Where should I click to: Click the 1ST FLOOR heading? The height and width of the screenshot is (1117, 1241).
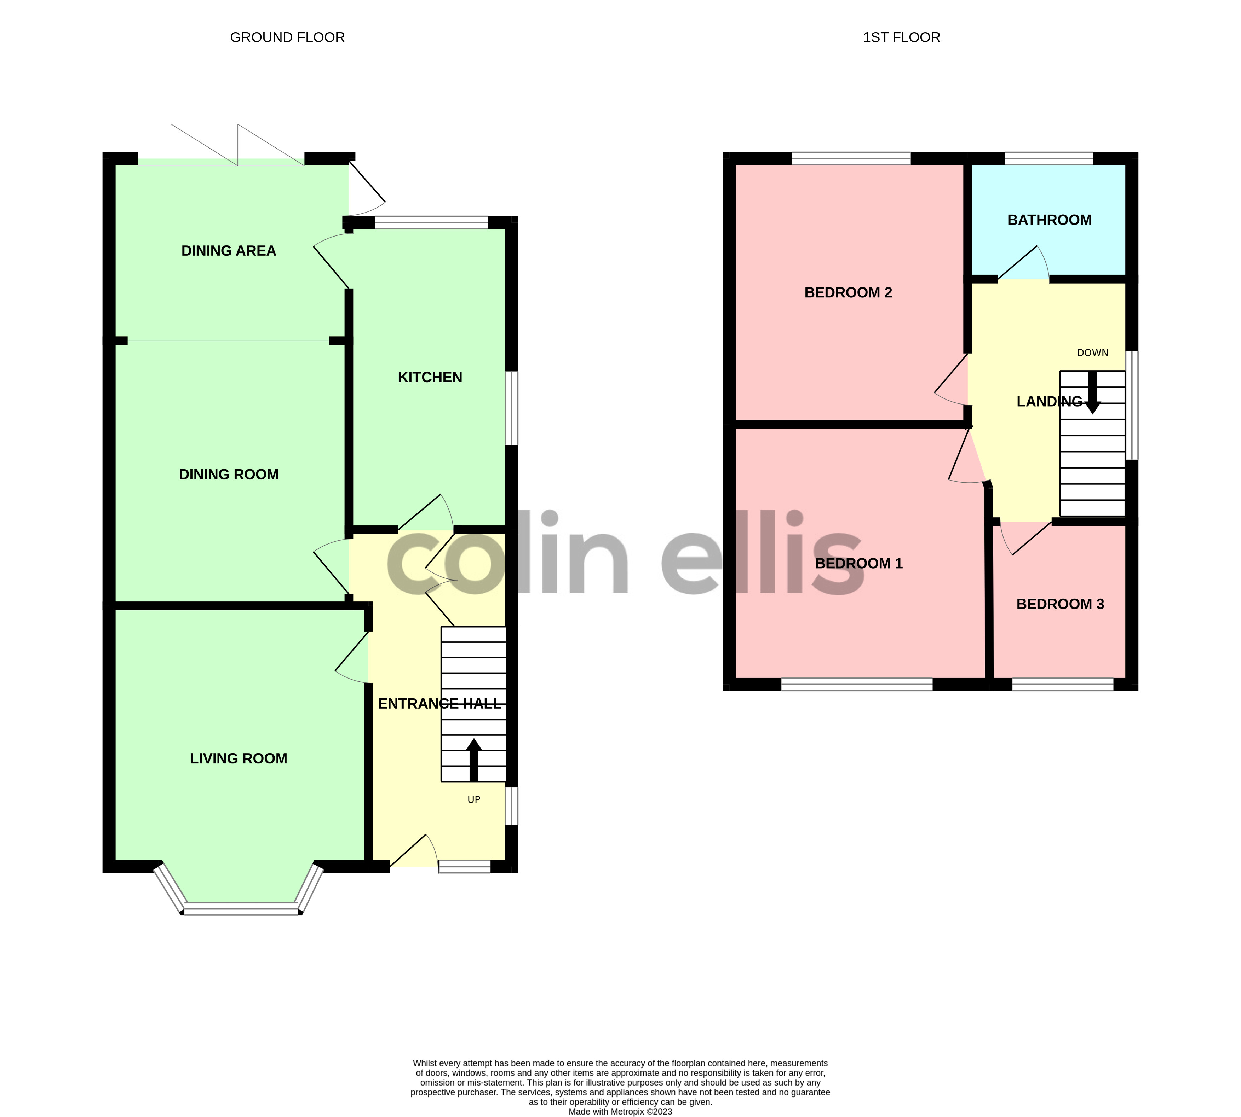(901, 37)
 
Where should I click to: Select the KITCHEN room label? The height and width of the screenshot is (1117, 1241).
(430, 377)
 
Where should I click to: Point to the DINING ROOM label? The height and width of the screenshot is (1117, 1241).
(229, 475)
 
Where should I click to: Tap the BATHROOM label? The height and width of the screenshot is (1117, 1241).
(1050, 220)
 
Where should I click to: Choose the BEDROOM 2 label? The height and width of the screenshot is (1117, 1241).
(848, 293)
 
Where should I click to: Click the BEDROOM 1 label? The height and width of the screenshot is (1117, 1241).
(858, 563)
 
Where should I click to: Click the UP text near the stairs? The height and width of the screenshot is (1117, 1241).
(473, 800)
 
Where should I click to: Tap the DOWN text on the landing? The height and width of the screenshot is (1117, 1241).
(1092, 353)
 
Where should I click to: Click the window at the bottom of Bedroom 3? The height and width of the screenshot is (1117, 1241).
(1062, 684)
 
